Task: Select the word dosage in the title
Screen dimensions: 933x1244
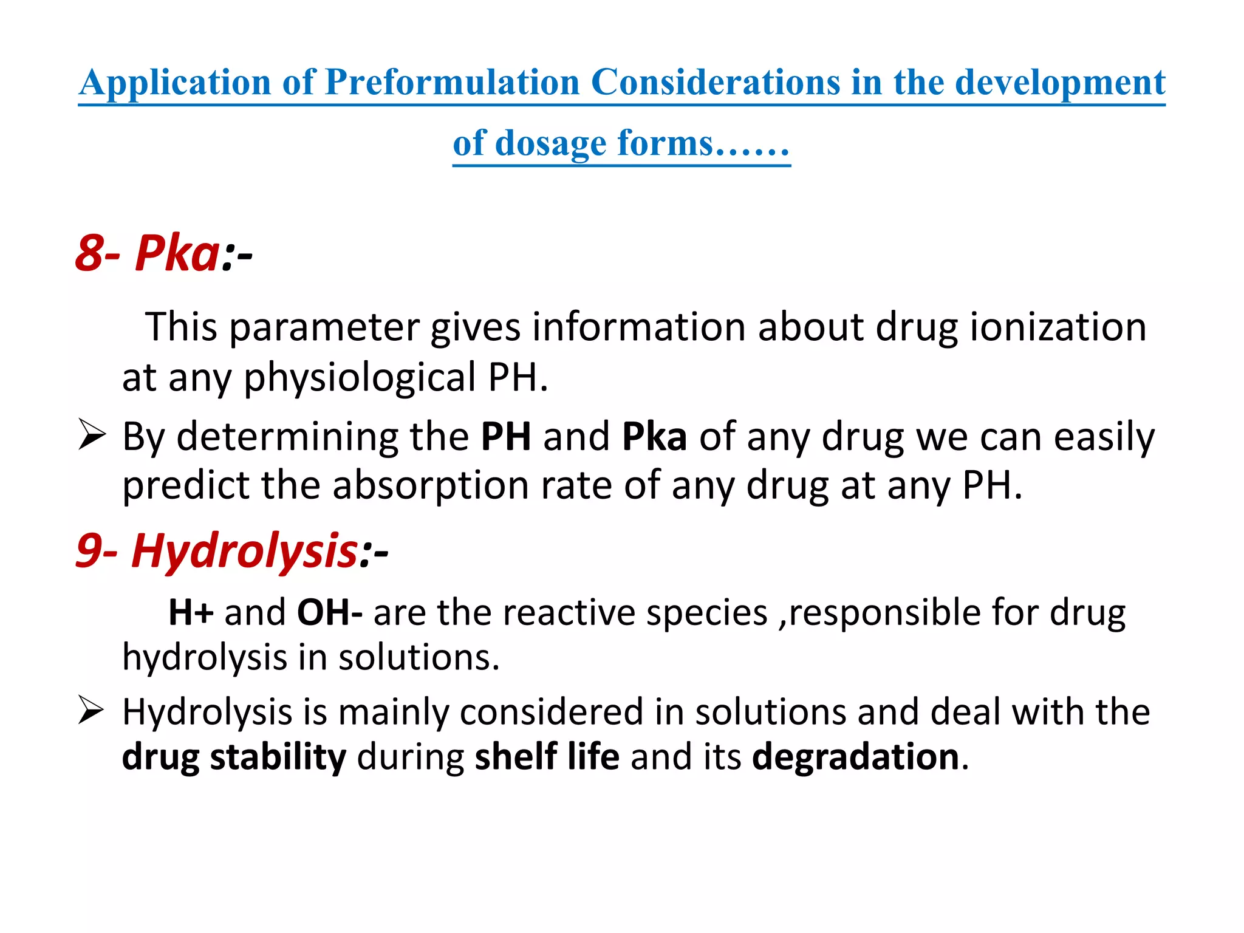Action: (550, 144)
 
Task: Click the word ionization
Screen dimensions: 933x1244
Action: (1058, 327)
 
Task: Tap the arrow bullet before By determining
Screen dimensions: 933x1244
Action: (92, 436)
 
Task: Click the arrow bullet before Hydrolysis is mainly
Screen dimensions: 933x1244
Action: (92, 711)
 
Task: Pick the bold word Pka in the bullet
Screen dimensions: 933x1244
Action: (654, 436)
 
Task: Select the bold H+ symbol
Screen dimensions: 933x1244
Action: (191, 612)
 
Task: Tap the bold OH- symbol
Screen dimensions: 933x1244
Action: (329, 612)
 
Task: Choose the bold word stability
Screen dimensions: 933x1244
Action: (278, 757)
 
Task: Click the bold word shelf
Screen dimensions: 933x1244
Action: (516, 757)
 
